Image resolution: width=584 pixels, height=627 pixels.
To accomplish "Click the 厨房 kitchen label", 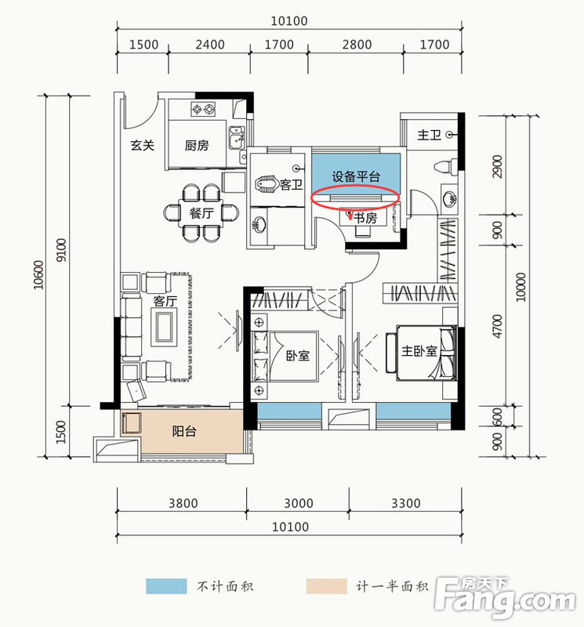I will (197, 145).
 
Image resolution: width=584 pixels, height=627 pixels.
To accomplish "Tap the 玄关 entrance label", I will (142, 144).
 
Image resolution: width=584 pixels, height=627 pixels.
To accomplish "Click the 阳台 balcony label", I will (186, 431).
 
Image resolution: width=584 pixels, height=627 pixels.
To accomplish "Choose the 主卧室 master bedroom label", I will (419, 351).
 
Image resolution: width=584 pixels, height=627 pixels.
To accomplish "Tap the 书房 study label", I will (365, 219).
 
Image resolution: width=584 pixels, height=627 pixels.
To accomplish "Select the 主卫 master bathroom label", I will (429, 136).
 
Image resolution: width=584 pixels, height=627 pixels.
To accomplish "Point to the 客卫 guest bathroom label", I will (292, 185).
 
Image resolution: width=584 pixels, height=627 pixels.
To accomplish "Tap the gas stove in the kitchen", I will (207, 109).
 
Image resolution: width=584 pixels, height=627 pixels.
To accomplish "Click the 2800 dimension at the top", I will (357, 45).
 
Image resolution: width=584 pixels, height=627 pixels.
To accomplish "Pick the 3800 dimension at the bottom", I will (182, 503).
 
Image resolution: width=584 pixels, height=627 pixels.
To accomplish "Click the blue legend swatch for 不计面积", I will (166, 586).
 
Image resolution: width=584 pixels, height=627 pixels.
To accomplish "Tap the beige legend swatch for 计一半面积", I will (325, 586).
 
